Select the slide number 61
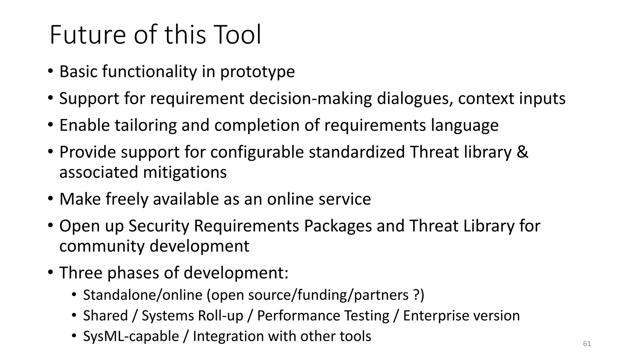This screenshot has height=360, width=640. [587, 344]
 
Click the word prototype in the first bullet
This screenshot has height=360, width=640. [257, 72]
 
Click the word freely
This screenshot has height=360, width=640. [127, 199]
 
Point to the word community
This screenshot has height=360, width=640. [102, 246]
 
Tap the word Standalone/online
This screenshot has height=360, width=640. [143, 295]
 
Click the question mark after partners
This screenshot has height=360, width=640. [416, 295]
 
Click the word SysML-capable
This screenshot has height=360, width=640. [131, 336]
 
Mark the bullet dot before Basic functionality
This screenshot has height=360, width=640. [51, 72]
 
